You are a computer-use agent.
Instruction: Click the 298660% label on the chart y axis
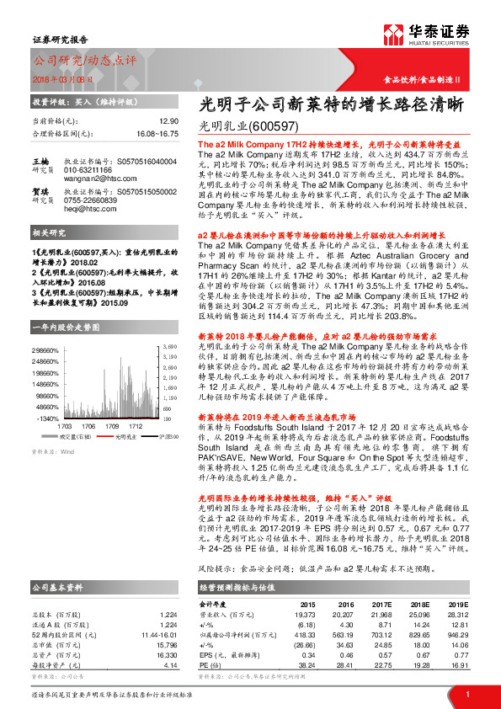click(x=46, y=349)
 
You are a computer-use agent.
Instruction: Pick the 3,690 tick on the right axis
click(x=169, y=346)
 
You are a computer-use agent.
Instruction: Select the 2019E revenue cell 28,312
click(x=456, y=614)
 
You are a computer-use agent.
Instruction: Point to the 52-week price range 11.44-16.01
click(x=158, y=633)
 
